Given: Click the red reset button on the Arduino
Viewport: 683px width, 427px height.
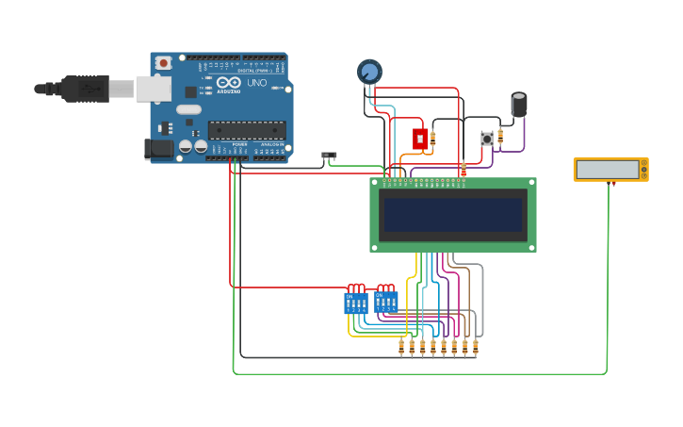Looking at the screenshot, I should point(163,63).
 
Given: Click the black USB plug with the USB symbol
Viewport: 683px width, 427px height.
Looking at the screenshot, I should point(85,89).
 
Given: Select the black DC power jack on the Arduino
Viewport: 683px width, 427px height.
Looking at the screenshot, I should point(158,148).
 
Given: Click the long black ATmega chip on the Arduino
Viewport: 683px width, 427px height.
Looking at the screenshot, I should point(246,130).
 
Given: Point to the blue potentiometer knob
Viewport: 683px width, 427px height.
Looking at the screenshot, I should point(369,72).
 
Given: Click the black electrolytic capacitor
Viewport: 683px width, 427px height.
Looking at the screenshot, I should point(519,104).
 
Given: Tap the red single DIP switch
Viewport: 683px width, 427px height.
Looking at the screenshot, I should point(419,139).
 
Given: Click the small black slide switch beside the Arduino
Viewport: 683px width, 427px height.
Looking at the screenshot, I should point(329,155).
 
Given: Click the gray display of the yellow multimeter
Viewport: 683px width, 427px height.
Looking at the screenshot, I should point(608,170).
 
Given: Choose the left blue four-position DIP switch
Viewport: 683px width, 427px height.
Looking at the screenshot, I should point(356,303).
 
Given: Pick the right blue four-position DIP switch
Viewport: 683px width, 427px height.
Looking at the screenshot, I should point(386,302).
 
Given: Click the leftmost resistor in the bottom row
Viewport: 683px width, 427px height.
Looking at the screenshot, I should point(401,347).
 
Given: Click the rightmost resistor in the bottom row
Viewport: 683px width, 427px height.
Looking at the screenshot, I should point(475,347).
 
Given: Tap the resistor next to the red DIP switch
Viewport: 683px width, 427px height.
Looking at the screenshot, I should point(432,139).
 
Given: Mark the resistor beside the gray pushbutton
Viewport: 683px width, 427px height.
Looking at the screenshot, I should point(500,138).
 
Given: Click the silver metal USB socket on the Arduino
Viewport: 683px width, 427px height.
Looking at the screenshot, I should point(153,89).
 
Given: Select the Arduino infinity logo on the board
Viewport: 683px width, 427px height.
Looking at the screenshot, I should point(229,83).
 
